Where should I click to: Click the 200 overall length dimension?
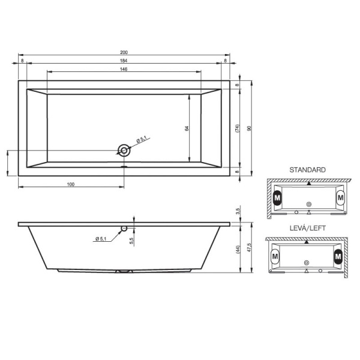point(124,52)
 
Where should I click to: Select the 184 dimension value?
point(124,61)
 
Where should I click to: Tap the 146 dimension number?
point(124,69)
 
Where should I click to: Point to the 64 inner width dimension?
point(187,128)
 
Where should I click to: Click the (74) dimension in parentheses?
point(237,128)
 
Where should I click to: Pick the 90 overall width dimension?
point(250,128)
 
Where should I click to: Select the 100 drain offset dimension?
point(71,184)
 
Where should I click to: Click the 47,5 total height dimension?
point(250,248)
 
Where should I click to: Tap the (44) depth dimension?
point(238,250)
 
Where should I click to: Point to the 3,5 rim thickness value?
point(238,211)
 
